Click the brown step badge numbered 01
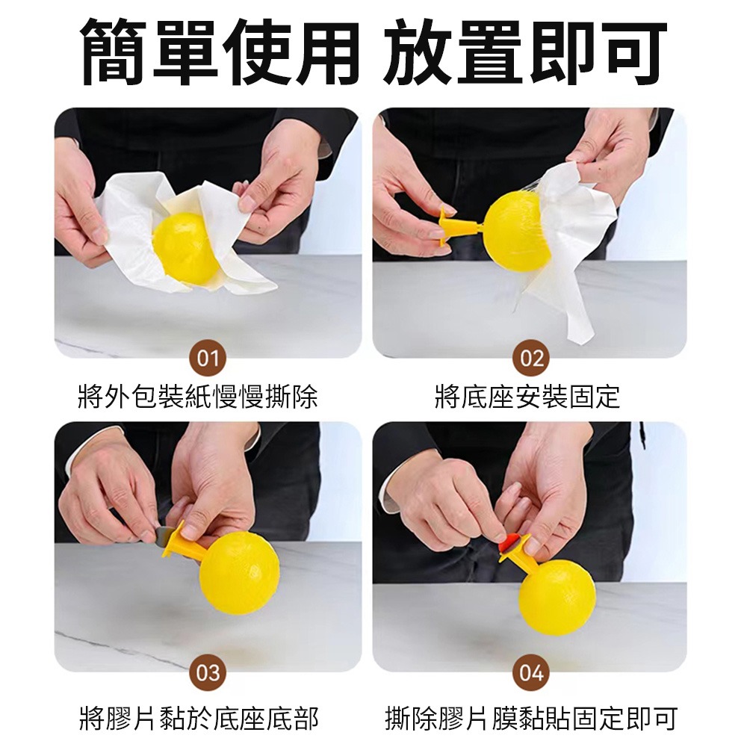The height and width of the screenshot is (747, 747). pyautogui.click(x=208, y=357)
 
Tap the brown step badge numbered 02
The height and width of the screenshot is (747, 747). pyautogui.click(x=531, y=357)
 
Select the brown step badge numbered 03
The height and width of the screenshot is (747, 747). pyautogui.click(x=208, y=672)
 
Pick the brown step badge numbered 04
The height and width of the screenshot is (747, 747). pyautogui.click(x=531, y=672)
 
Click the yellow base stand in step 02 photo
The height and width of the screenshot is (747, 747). pyautogui.click(x=459, y=226)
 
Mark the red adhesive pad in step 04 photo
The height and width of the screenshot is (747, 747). pyautogui.click(x=508, y=542)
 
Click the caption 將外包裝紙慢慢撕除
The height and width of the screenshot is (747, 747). pyautogui.click(x=198, y=397)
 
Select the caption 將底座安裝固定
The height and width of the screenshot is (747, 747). pyautogui.click(x=527, y=397)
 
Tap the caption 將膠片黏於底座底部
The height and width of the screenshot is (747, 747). pyautogui.click(x=199, y=719)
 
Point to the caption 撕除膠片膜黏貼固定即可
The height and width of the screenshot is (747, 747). pyautogui.click(x=530, y=719)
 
